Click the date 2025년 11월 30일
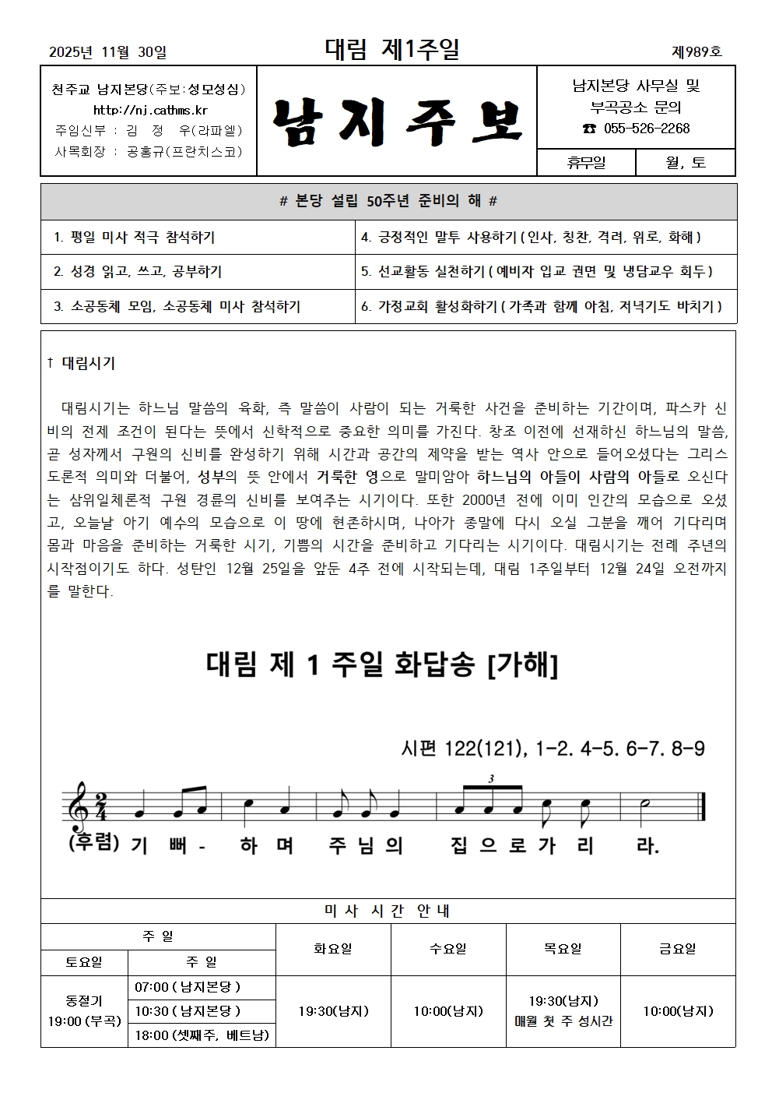(x=107, y=52)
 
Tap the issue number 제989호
(x=697, y=52)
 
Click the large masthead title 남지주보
(x=396, y=122)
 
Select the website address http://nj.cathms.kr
(x=150, y=110)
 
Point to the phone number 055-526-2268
(x=636, y=129)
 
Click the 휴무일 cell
(x=586, y=163)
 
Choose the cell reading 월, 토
(x=685, y=163)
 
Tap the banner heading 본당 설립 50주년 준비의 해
(x=388, y=202)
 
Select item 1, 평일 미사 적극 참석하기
(x=135, y=237)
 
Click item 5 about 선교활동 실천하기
(x=537, y=272)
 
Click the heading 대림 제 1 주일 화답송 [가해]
(x=382, y=665)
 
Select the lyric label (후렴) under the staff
(x=93, y=843)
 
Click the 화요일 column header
(x=333, y=949)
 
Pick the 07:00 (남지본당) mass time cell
(x=188, y=987)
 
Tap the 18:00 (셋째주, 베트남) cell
(x=202, y=1035)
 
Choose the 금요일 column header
(x=677, y=949)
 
